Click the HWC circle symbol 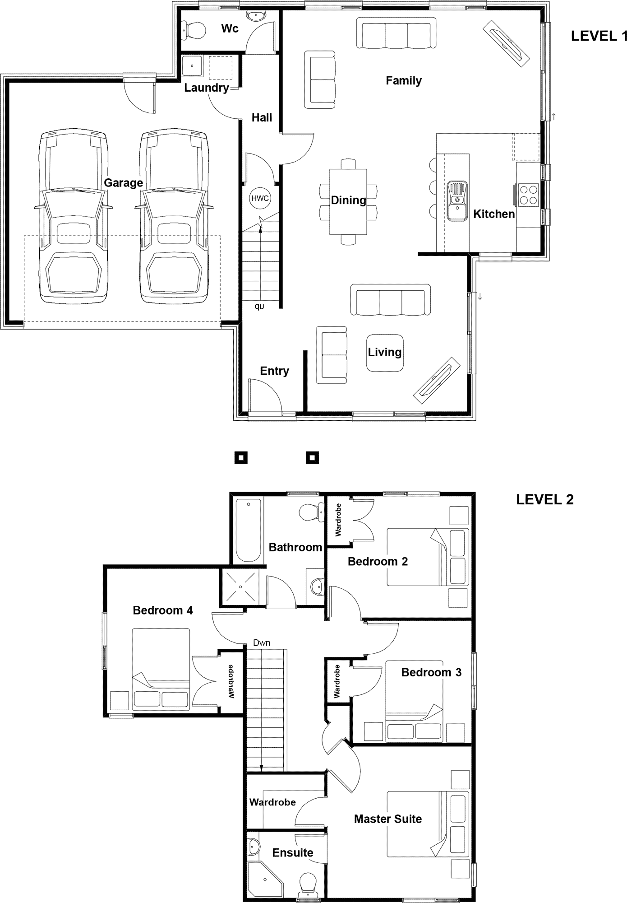tap(260, 198)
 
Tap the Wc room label tap(230, 28)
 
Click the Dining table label tap(349, 200)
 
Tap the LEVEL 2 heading tap(544, 499)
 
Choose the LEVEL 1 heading tap(599, 36)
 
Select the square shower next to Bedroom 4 tap(241, 586)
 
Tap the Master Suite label tap(388, 819)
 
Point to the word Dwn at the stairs tap(262, 642)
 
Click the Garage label tap(124, 182)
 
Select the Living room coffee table tap(385, 353)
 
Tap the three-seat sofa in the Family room tap(396, 33)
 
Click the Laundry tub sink tap(192, 67)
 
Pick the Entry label tap(275, 371)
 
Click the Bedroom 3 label tap(431, 672)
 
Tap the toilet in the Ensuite tap(309, 884)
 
